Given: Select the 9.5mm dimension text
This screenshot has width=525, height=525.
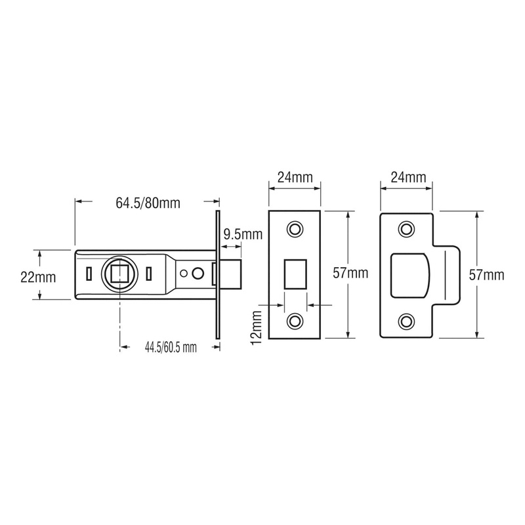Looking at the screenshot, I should [242, 234].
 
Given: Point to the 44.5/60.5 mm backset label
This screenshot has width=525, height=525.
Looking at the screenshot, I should [169, 348].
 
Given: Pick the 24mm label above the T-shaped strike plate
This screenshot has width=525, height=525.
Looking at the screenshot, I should [407, 177].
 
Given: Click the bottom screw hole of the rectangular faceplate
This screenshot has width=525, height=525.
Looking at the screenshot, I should [295, 321].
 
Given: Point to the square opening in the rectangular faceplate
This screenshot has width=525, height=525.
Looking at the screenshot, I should [295, 274].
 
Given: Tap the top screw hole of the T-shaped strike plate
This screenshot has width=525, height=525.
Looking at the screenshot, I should [408, 228].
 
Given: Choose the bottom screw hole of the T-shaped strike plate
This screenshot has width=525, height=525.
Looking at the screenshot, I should [408, 320].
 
